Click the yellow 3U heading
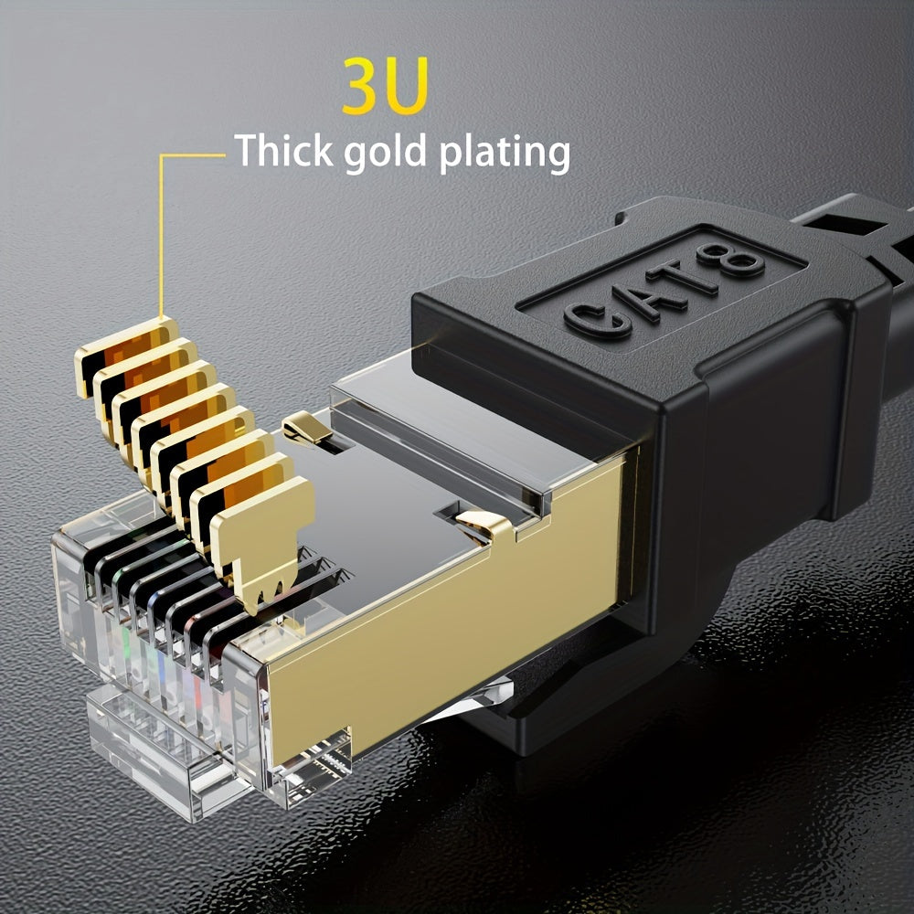click(x=385, y=86)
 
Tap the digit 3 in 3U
click(x=363, y=86)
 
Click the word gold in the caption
click(x=387, y=154)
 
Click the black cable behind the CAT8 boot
click(x=859, y=219)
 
